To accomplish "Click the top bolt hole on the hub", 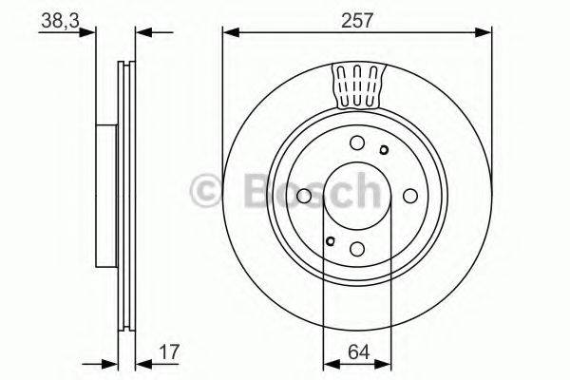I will point(357,142).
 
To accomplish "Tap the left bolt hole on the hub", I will point(304,196).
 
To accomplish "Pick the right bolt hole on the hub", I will point(410,195).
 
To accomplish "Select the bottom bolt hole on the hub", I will point(357,248).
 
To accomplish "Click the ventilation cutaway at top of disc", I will point(357,85).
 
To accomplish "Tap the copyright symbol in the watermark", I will point(206,190).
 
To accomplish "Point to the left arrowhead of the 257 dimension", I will point(228,34).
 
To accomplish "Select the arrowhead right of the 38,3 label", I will point(92,34).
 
